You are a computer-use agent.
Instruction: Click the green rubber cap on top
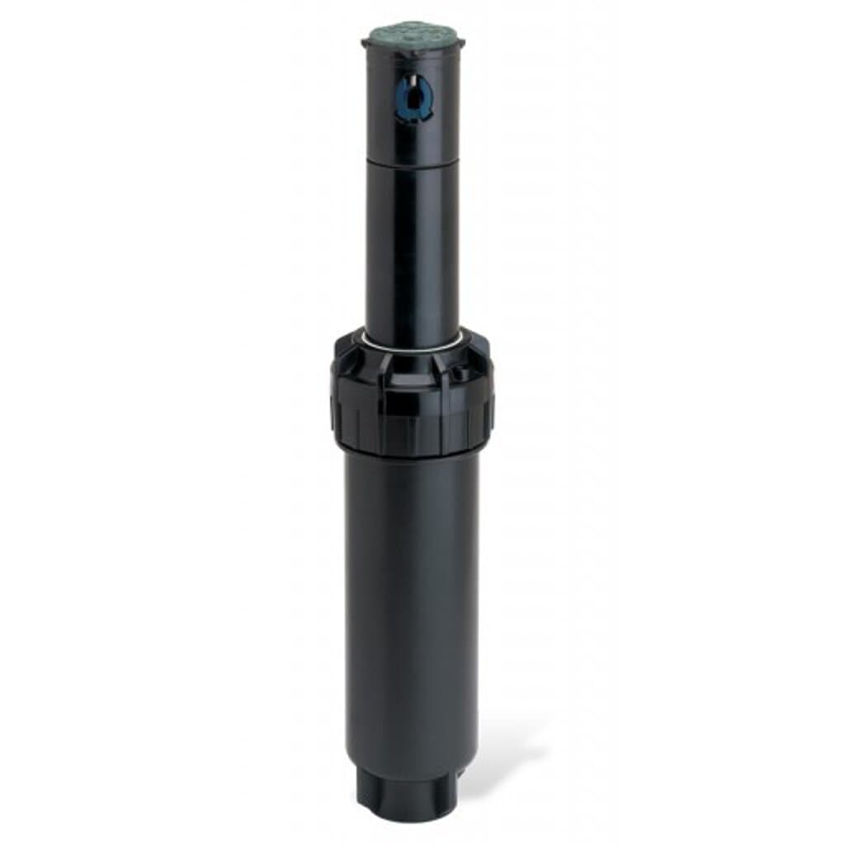(x=413, y=34)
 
